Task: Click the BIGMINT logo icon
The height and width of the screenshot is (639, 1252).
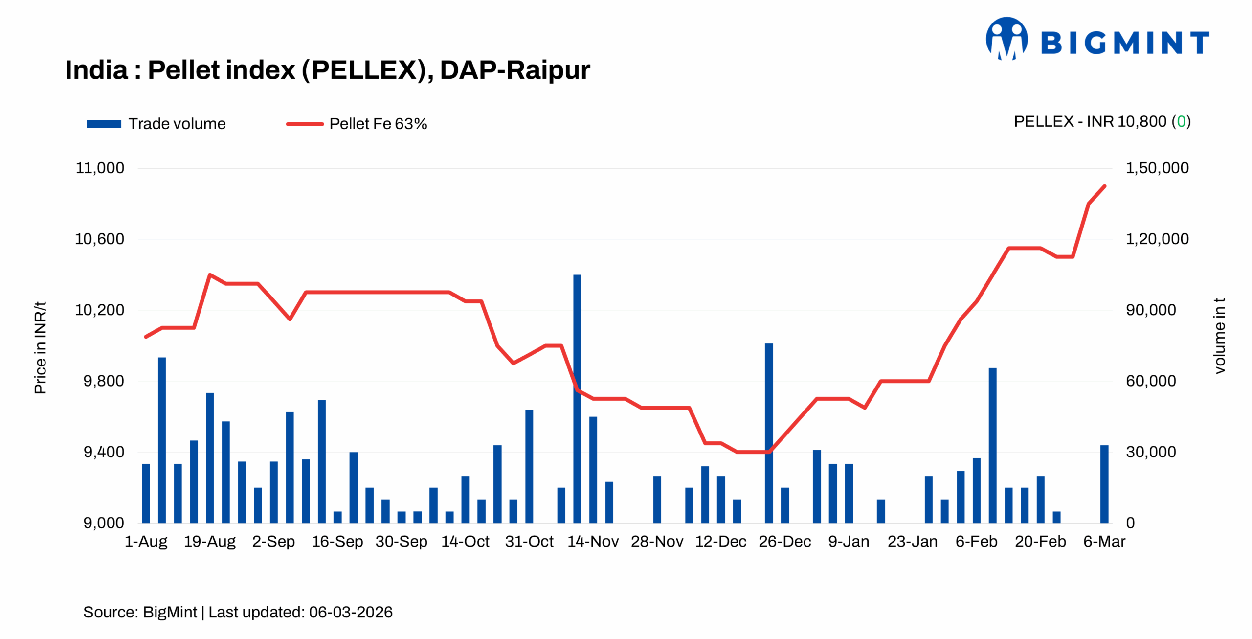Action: coord(1006,39)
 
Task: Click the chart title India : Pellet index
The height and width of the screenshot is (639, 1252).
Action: coord(327,70)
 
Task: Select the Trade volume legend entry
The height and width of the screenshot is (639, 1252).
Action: coord(156,124)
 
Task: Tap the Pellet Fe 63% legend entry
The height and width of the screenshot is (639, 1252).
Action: coord(357,124)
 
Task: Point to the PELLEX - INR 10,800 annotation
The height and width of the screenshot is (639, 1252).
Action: coord(1101,121)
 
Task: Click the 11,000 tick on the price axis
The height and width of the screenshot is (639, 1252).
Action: coord(100,168)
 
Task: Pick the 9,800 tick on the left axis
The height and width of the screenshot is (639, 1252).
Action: coord(103,381)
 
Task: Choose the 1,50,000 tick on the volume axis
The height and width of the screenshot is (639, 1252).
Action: coord(1157,168)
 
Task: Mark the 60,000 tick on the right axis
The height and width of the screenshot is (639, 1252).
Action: coord(1150,381)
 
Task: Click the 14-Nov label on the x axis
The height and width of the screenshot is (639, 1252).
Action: coord(593,541)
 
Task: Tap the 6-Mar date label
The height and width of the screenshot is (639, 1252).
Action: coord(1104,541)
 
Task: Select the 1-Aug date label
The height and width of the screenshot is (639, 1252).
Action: coord(146,541)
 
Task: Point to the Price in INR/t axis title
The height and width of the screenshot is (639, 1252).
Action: coord(40,347)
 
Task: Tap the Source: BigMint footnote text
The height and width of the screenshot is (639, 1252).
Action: coord(238,612)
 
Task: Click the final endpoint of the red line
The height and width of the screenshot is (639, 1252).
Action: coord(1105,186)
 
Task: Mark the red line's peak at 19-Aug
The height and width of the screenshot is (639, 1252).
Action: coord(210,274)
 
